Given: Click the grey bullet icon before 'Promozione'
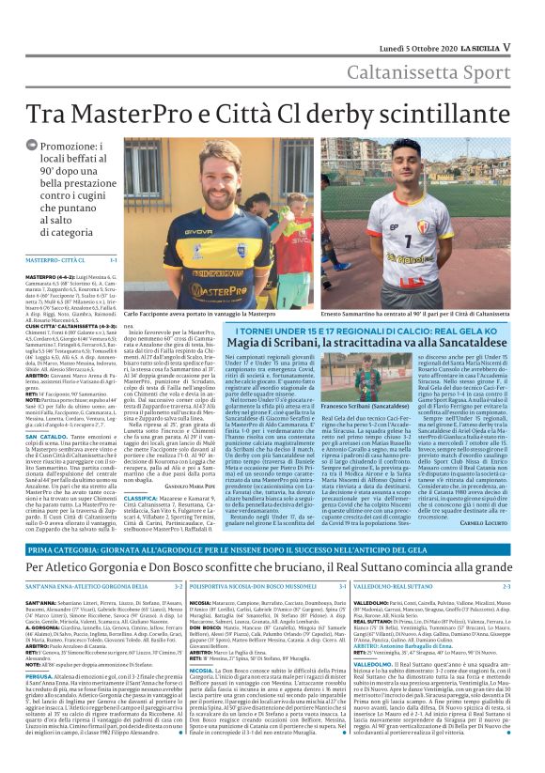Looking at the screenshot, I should pos(33,148).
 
